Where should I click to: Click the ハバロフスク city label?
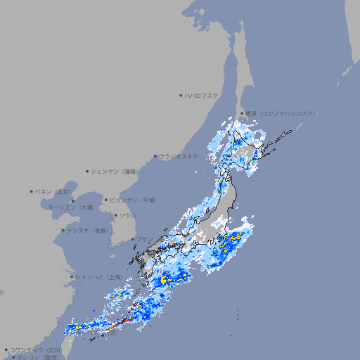(x=202, y=95)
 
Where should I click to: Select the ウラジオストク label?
(x=179, y=156)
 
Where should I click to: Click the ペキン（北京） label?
(x=54, y=191)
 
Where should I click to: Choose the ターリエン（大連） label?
(x=71, y=207)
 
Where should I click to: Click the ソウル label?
(x=127, y=215)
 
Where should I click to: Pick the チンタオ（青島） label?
(x=86, y=230)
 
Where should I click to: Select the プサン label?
(x=143, y=239)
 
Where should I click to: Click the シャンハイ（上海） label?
(x=98, y=277)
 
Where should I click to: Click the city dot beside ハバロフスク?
(x=181, y=95)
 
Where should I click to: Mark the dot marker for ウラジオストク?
(x=155, y=156)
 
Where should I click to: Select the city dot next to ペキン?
(x=32, y=191)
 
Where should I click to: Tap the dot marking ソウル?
(x=115, y=215)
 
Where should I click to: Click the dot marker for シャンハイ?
(x=72, y=277)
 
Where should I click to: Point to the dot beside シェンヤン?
(x=87, y=171)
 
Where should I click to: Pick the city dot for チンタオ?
(x=63, y=230)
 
